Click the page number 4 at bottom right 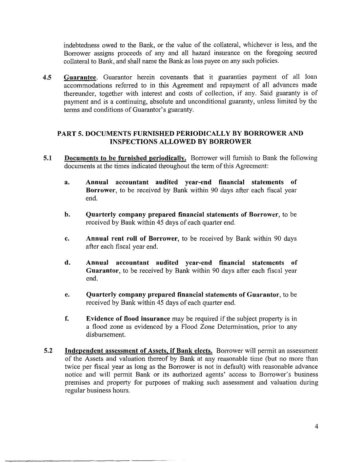[316, 427]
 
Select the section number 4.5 [47, 77]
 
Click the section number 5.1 [47, 158]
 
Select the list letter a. [67, 182]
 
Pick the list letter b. [67, 215]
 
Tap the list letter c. [67, 239]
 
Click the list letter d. [67, 263]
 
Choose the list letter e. [67, 295]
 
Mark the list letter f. [67, 319]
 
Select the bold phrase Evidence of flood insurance [128, 319]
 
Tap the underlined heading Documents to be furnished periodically [125, 158]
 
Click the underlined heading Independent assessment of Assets [138, 350]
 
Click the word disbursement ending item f [101, 335]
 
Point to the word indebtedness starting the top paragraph [80, 45]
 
